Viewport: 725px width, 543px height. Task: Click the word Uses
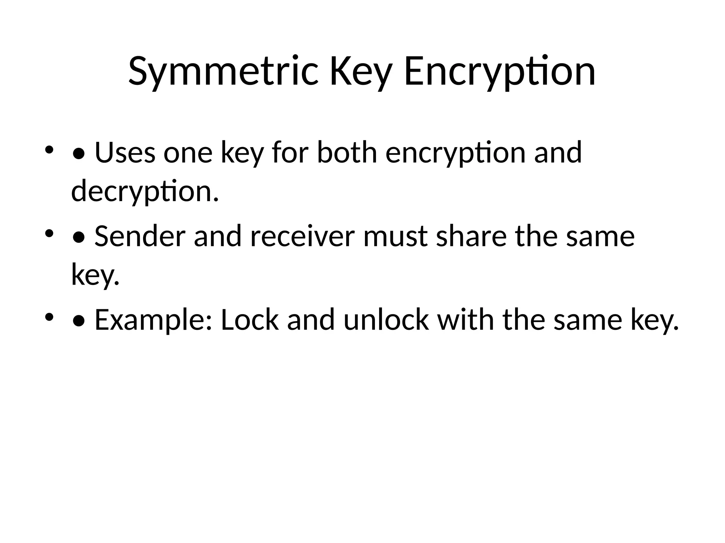(125, 153)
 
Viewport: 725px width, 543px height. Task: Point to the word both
(347, 153)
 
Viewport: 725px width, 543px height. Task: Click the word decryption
(145, 191)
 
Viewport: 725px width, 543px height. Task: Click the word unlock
(386, 320)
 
